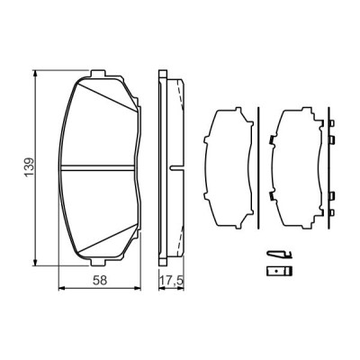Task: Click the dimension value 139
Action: [29, 166]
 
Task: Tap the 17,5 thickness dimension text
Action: [171, 280]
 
